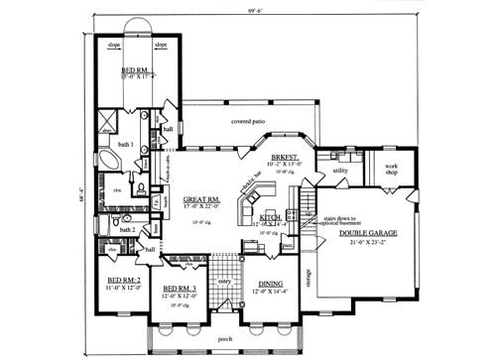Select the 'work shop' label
(x=391, y=169)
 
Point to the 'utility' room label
(x=341, y=170)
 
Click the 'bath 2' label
(x=127, y=229)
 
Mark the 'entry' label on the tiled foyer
(x=224, y=282)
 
